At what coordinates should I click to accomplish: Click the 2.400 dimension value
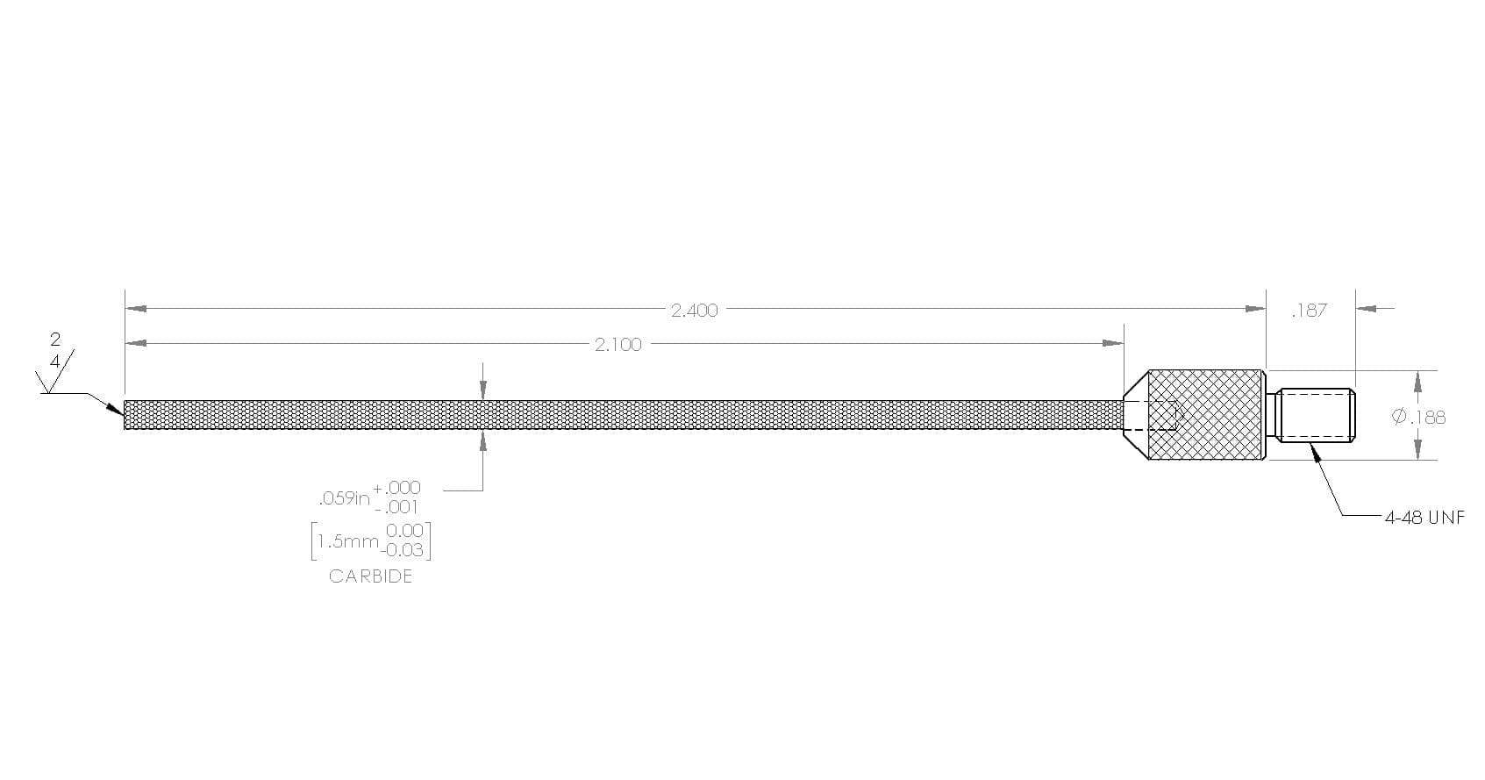tap(694, 311)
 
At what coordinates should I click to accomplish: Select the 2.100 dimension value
tap(618, 345)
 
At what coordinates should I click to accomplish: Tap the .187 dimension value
tap(1310, 311)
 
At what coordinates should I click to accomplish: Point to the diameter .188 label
tap(1418, 417)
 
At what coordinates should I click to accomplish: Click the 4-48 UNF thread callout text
tap(1424, 518)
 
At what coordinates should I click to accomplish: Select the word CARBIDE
tap(370, 576)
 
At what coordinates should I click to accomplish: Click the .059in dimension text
tap(344, 498)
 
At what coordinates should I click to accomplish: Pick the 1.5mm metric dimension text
tap(347, 542)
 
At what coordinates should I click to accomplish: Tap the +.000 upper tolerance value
tap(396, 488)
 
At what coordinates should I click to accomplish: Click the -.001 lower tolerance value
tap(396, 507)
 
